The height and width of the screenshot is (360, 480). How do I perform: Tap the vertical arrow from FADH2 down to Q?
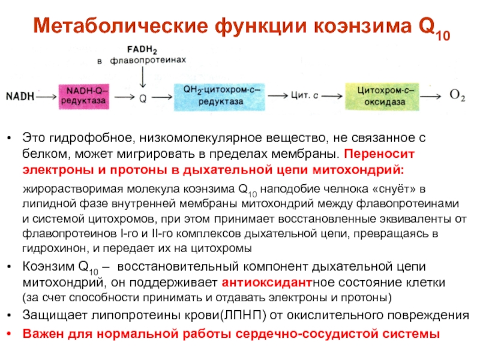tap(142, 77)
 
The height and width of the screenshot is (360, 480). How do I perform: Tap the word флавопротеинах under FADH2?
tap(149, 60)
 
